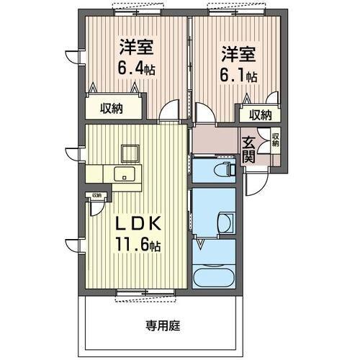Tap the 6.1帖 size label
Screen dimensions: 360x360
(240, 73)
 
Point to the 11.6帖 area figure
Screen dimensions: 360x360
(138, 245)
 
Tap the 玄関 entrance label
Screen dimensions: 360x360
(248, 150)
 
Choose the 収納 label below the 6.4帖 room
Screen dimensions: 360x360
(111, 109)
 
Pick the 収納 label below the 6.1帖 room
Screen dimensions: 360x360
(260, 114)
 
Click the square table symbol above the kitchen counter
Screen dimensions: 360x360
(130, 153)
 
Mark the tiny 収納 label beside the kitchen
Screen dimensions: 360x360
(96, 195)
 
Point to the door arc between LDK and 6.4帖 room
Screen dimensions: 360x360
(170, 112)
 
